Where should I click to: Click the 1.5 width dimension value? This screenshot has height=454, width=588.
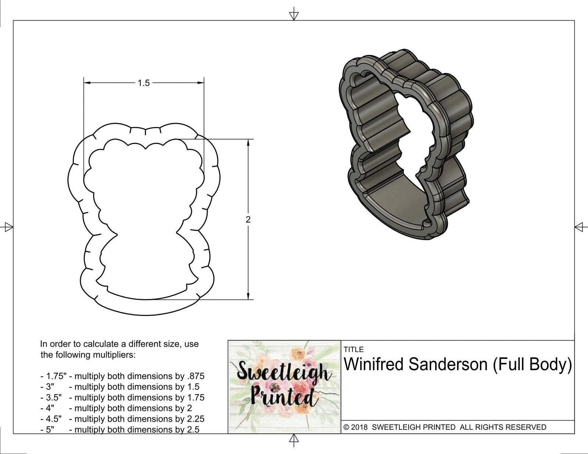[144, 83]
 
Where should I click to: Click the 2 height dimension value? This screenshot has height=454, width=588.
[248, 220]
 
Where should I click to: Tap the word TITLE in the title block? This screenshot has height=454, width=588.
[354, 349]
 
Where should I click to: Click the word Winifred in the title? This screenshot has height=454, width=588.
[374, 365]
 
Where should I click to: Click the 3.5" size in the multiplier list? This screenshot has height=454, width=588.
[51, 397]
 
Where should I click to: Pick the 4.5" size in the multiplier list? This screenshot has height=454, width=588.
[51, 419]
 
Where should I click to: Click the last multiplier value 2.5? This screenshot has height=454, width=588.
[193, 429]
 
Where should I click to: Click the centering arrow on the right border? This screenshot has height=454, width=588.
[580, 227]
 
